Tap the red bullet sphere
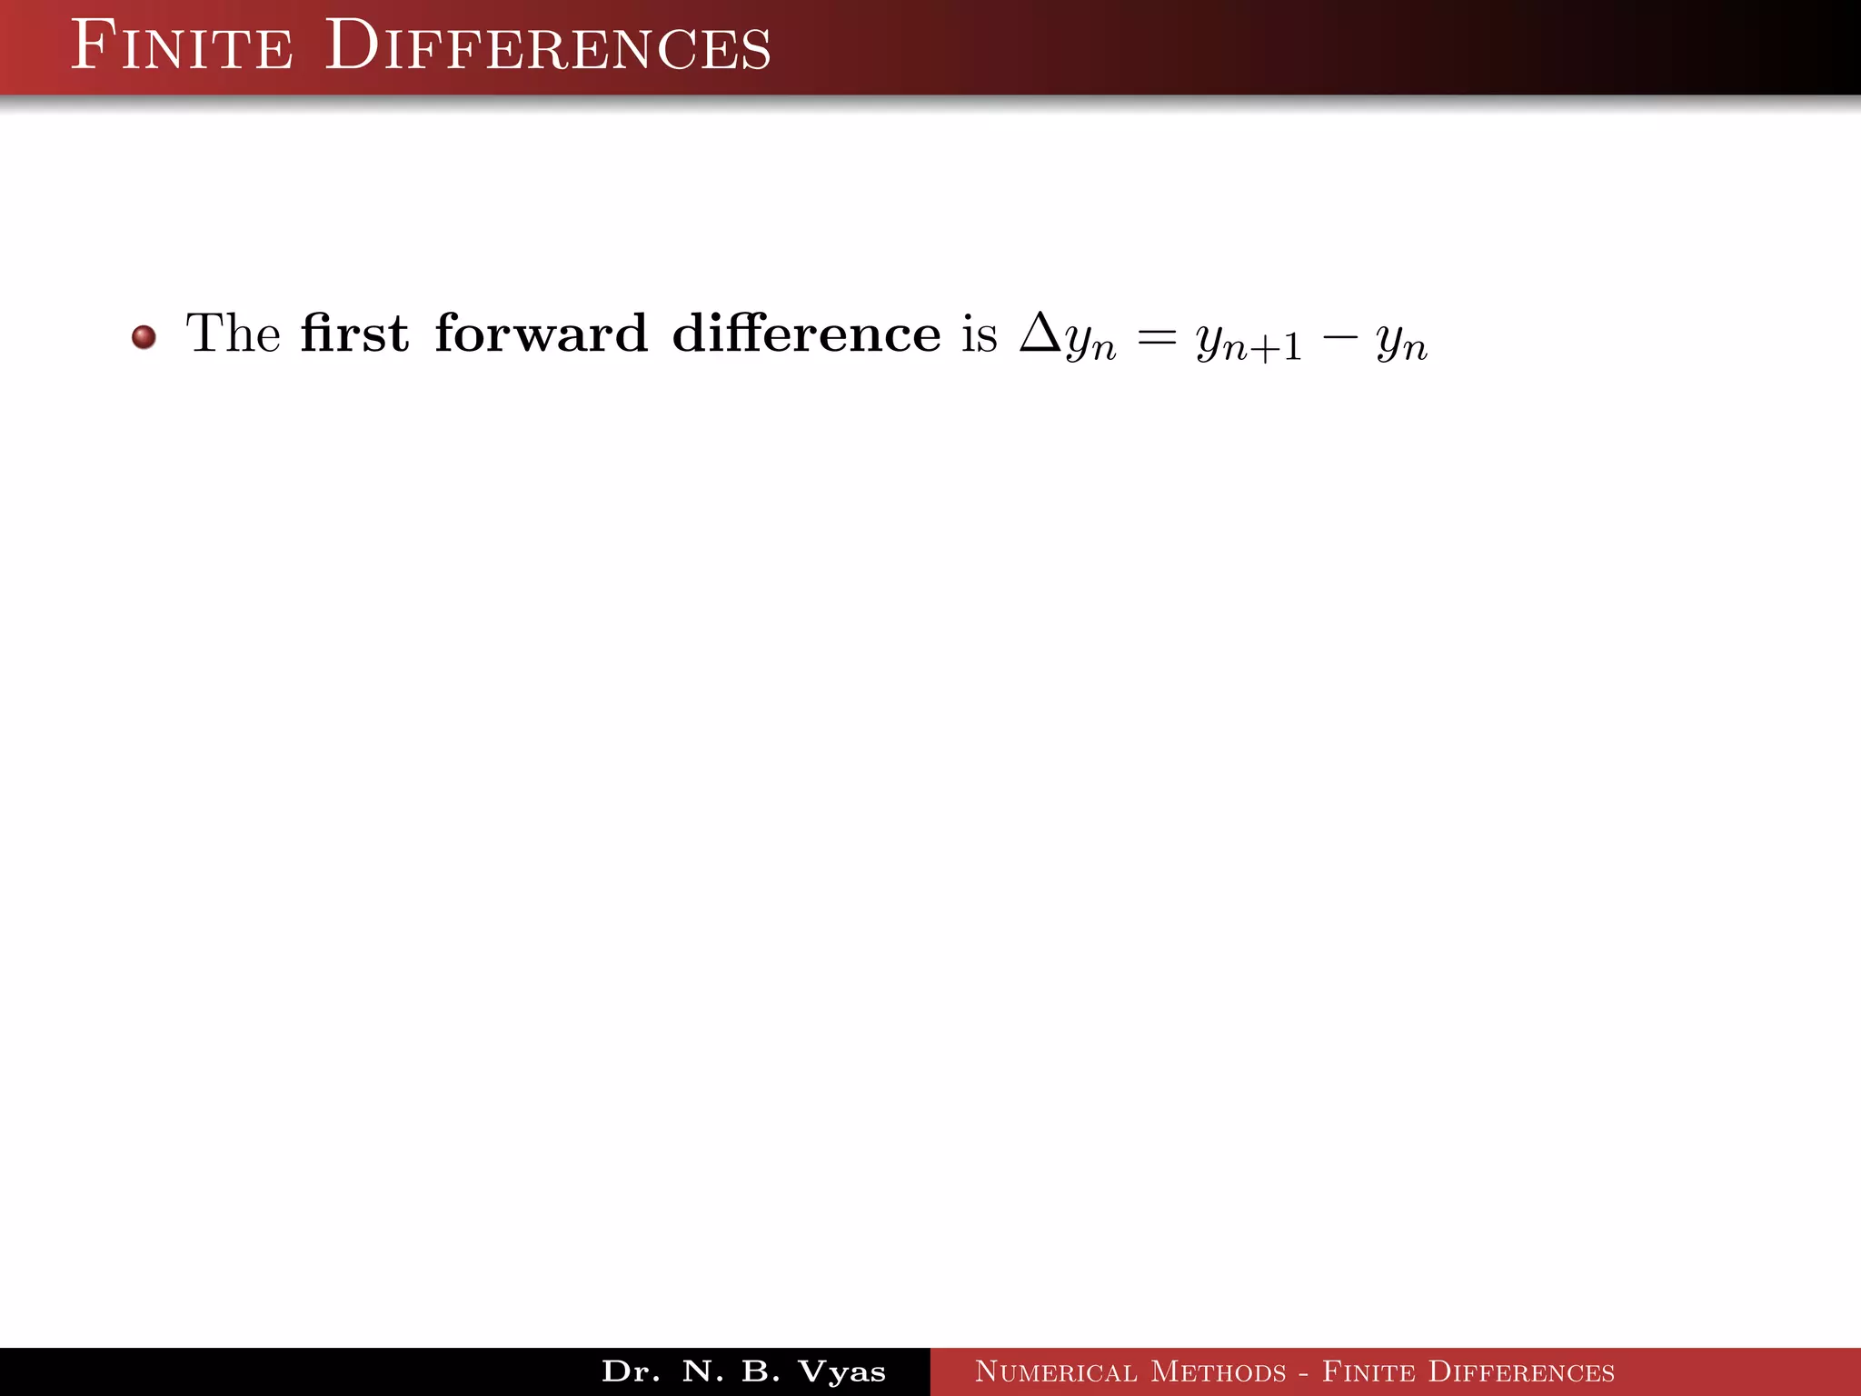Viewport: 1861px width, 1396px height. tap(144, 337)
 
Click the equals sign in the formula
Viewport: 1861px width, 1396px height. tap(1157, 339)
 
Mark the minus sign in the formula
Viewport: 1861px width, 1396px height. tap(1339, 339)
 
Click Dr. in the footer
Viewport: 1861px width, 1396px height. tap(631, 1371)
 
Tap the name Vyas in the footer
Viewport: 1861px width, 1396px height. tap(841, 1371)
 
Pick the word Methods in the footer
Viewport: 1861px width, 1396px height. tap(1219, 1371)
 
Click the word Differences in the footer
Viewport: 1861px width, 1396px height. tap(1521, 1371)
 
